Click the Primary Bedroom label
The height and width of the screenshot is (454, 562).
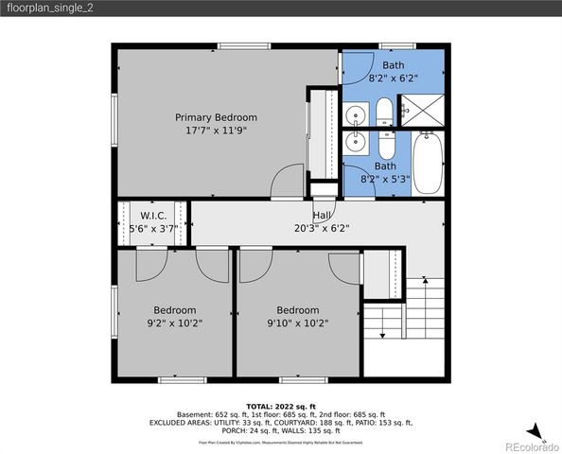(x=216, y=117)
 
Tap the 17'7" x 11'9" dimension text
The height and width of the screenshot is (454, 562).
(x=216, y=131)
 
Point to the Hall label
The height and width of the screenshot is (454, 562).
(x=323, y=215)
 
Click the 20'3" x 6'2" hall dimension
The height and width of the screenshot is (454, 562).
(x=323, y=228)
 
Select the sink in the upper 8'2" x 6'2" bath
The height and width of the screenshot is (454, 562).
(x=357, y=116)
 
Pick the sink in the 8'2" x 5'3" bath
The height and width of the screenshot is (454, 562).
(x=357, y=144)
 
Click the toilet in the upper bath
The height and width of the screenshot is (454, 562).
(x=385, y=114)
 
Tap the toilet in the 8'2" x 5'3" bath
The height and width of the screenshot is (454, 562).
(x=386, y=147)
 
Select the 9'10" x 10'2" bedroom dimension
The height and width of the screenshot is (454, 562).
(x=297, y=323)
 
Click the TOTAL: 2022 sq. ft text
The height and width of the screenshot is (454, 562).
(x=281, y=405)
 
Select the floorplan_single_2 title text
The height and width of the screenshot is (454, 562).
(x=51, y=9)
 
